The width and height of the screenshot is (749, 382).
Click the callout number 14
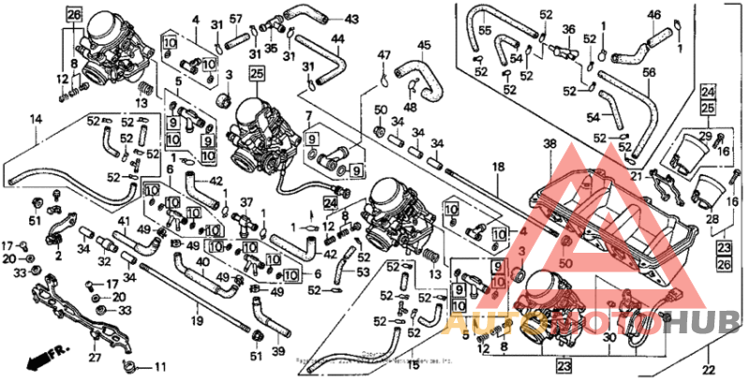click(x=36, y=119)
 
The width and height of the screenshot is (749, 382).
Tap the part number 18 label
click(x=498, y=166)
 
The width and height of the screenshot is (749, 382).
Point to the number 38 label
click(x=550, y=144)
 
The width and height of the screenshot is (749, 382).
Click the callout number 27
click(x=94, y=357)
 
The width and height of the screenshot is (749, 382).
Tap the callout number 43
click(x=351, y=19)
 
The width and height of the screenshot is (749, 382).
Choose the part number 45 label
click(x=424, y=45)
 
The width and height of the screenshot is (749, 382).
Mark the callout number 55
click(x=485, y=31)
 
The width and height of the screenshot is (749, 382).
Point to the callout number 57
click(x=236, y=19)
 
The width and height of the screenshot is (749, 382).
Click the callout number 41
click(x=123, y=221)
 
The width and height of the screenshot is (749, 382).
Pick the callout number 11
click(x=158, y=365)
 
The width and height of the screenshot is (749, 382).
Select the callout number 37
click(x=246, y=202)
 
